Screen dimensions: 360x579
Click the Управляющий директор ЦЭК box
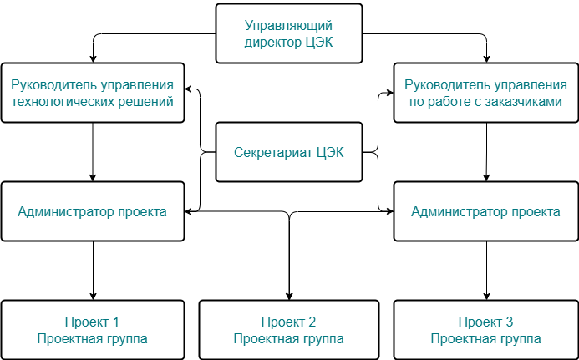289,33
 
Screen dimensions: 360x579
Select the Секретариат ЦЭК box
289,152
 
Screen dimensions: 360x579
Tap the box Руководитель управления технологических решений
92,93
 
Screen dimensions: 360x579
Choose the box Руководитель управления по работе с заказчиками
485,93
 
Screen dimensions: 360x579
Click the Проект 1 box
92,330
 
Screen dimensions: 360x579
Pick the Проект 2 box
289,330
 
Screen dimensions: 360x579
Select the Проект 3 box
485,330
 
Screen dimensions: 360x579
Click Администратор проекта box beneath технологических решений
92,211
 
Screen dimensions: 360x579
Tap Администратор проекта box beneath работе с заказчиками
485,211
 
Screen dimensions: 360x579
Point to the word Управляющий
289,25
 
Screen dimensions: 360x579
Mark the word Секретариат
272,153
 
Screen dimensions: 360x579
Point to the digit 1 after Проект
115,322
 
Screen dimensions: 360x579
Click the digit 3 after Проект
509,322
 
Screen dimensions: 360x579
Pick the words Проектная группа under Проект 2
289,339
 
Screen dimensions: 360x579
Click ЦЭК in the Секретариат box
328,153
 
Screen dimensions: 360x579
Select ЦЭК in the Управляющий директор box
319,43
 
